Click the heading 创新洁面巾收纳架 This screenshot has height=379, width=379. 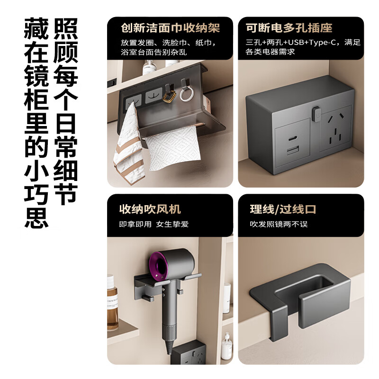pos(164,28)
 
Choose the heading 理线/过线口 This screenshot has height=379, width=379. pos(283,209)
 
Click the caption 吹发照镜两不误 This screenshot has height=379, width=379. pos(279,224)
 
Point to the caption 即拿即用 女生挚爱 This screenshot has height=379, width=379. pos(153,224)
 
